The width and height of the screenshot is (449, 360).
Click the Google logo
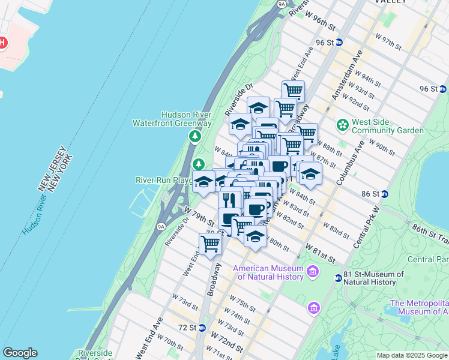pos(20,353)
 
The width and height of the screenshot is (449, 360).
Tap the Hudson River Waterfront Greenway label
pos(172,119)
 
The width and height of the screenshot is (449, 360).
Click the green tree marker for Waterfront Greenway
pos(194,137)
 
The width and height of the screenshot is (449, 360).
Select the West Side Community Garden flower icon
pos(342,125)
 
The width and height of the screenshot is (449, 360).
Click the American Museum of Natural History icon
pos(312,272)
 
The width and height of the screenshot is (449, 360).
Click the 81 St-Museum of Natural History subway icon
pos(339,277)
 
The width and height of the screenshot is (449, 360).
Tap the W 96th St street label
pos(319,20)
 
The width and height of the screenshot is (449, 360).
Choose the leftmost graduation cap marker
pos(203,182)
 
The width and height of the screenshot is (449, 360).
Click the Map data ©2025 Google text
pos(411,355)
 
